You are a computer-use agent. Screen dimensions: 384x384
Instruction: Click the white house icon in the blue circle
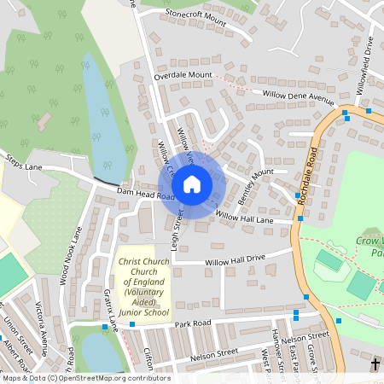pos(192,184)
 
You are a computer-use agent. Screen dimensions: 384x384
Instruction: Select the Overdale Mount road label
pos(183,76)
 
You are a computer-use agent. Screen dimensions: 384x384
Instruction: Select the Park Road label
pos(193,324)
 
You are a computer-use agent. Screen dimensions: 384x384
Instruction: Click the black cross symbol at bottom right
pos(375,364)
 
